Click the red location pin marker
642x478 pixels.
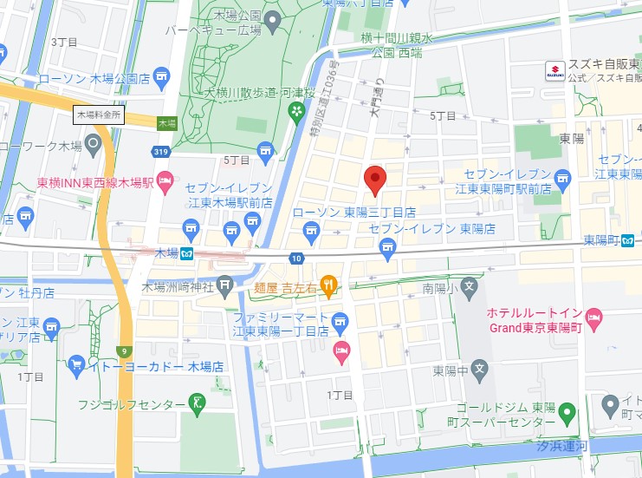[374, 180]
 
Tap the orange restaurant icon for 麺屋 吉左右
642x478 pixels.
[328, 283]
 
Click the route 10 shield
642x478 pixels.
[296, 259]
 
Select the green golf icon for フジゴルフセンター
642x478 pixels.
[198, 403]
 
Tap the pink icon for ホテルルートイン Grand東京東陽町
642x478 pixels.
[593, 317]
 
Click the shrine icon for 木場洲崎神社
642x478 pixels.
[225, 284]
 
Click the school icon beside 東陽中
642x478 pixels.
[482, 370]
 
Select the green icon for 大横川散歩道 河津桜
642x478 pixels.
[297, 110]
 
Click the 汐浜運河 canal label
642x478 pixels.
[561, 445]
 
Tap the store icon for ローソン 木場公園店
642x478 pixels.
[160, 76]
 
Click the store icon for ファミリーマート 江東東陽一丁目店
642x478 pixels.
[340, 320]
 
